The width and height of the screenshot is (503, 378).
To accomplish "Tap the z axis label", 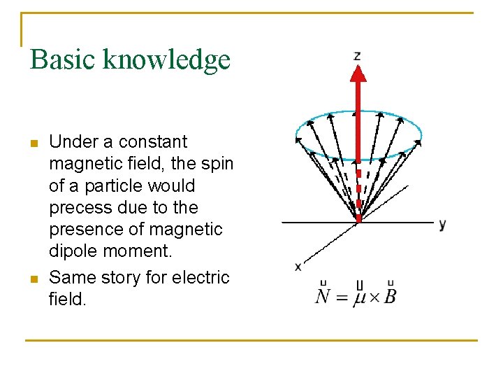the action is [357, 55].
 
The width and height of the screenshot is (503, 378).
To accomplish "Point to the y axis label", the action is [442, 225].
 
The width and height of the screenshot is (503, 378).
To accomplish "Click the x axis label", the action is [298, 266].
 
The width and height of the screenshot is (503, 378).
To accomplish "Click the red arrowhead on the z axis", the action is [358, 74].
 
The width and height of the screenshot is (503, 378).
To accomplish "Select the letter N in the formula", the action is [323, 296].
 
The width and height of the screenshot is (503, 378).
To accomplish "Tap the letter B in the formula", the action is [390, 296].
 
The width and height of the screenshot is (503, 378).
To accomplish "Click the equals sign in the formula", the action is [342, 297].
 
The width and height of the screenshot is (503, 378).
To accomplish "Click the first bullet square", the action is [33, 144].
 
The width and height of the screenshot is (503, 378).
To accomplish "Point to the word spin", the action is [217, 164].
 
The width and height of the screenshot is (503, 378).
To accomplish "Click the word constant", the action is [153, 142].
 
